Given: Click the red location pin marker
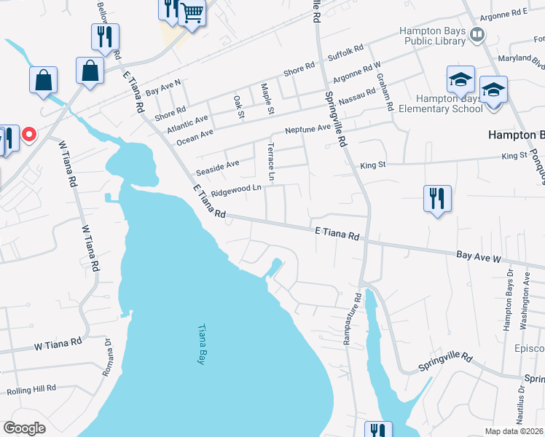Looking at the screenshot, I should (x=29, y=135).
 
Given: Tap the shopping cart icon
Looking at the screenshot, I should (x=192, y=12).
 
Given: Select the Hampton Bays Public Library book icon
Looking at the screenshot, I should (x=477, y=34).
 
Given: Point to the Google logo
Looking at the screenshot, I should (x=24, y=428).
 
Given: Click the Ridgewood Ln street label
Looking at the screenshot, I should (x=235, y=191).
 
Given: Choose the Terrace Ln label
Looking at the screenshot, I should (x=271, y=162).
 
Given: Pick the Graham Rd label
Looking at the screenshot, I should (x=391, y=95).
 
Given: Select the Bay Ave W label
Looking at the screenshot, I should (x=479, y=257).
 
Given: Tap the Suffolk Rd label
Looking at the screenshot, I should (x=345, y=53).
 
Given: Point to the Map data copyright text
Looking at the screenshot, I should (x=514, y=431).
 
